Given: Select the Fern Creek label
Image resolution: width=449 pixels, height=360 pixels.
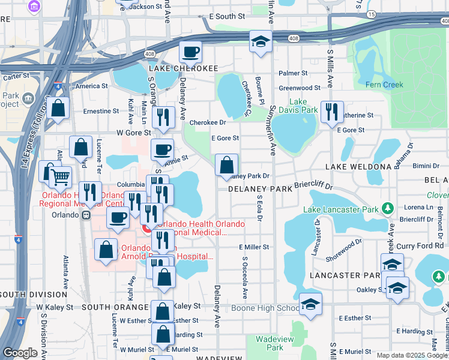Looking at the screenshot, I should [385, 85].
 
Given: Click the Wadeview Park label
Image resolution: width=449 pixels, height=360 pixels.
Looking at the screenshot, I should [269, 343].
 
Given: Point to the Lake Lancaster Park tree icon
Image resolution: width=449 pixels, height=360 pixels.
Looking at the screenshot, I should [388, 209].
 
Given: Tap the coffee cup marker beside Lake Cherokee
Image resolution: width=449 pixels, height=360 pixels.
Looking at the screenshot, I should [190, 52].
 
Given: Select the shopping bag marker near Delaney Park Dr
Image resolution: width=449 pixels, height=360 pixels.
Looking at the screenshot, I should [226, 165].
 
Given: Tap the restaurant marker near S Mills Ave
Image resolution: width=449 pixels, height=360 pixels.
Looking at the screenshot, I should [331, 112].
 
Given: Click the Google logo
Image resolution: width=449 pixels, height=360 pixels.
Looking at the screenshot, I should [20, 353].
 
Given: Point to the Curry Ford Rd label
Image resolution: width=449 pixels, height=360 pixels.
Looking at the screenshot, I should [423, 245].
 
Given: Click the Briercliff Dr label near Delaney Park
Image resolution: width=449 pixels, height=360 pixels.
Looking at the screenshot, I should [315, 186].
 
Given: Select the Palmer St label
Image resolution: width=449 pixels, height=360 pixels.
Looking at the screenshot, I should [293, 73].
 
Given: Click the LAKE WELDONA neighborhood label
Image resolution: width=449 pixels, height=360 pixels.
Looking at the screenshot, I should [358, 166].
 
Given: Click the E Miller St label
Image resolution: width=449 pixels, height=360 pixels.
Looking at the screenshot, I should [253, 247].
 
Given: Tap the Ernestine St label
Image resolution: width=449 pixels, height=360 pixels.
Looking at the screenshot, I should [101, 111].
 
